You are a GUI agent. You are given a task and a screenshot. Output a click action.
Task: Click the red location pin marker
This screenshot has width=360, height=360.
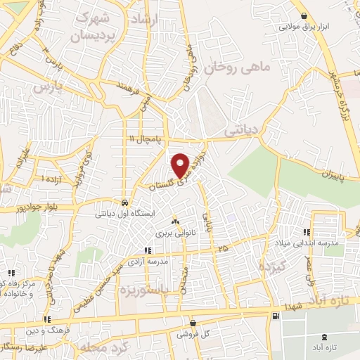[180, 165]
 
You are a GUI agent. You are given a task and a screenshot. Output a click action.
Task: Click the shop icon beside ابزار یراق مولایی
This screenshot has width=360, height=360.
[303, 16]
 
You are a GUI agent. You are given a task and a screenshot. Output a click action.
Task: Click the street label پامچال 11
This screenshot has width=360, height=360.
[141, 138]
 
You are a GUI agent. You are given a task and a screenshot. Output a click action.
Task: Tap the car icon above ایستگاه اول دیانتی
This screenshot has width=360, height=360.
[124, 199]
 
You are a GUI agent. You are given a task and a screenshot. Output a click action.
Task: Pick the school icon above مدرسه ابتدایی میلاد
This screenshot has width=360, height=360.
[306, 232]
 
